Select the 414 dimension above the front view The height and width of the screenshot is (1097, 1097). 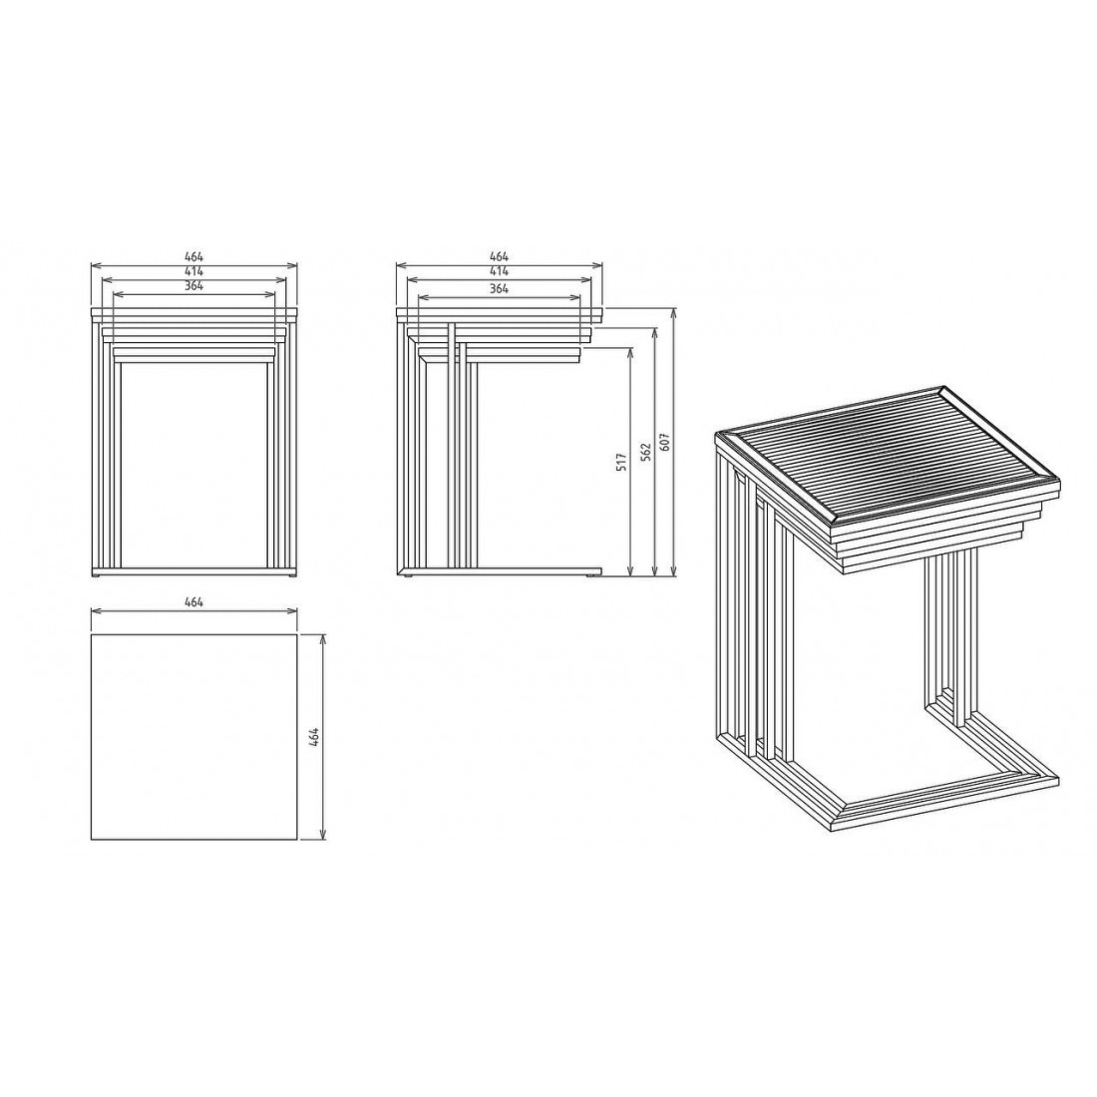tap(193, 271)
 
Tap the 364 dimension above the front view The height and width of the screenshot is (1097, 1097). tap(193, 285)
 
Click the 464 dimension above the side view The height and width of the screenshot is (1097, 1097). tap(499, 256)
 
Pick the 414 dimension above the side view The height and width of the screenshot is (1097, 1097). tap(499, 271)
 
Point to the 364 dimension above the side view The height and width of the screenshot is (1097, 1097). tap(499, 288)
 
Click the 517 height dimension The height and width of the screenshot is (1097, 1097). tap(621, 462)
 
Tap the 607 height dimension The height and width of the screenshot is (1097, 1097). tap(665, 442)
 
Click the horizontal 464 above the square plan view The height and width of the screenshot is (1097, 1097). tap(193, 602)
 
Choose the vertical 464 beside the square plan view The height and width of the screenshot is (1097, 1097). tap(314, 738)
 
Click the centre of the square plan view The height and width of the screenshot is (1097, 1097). tap(194, 737)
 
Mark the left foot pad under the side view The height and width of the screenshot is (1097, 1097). tap(406, 576)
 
